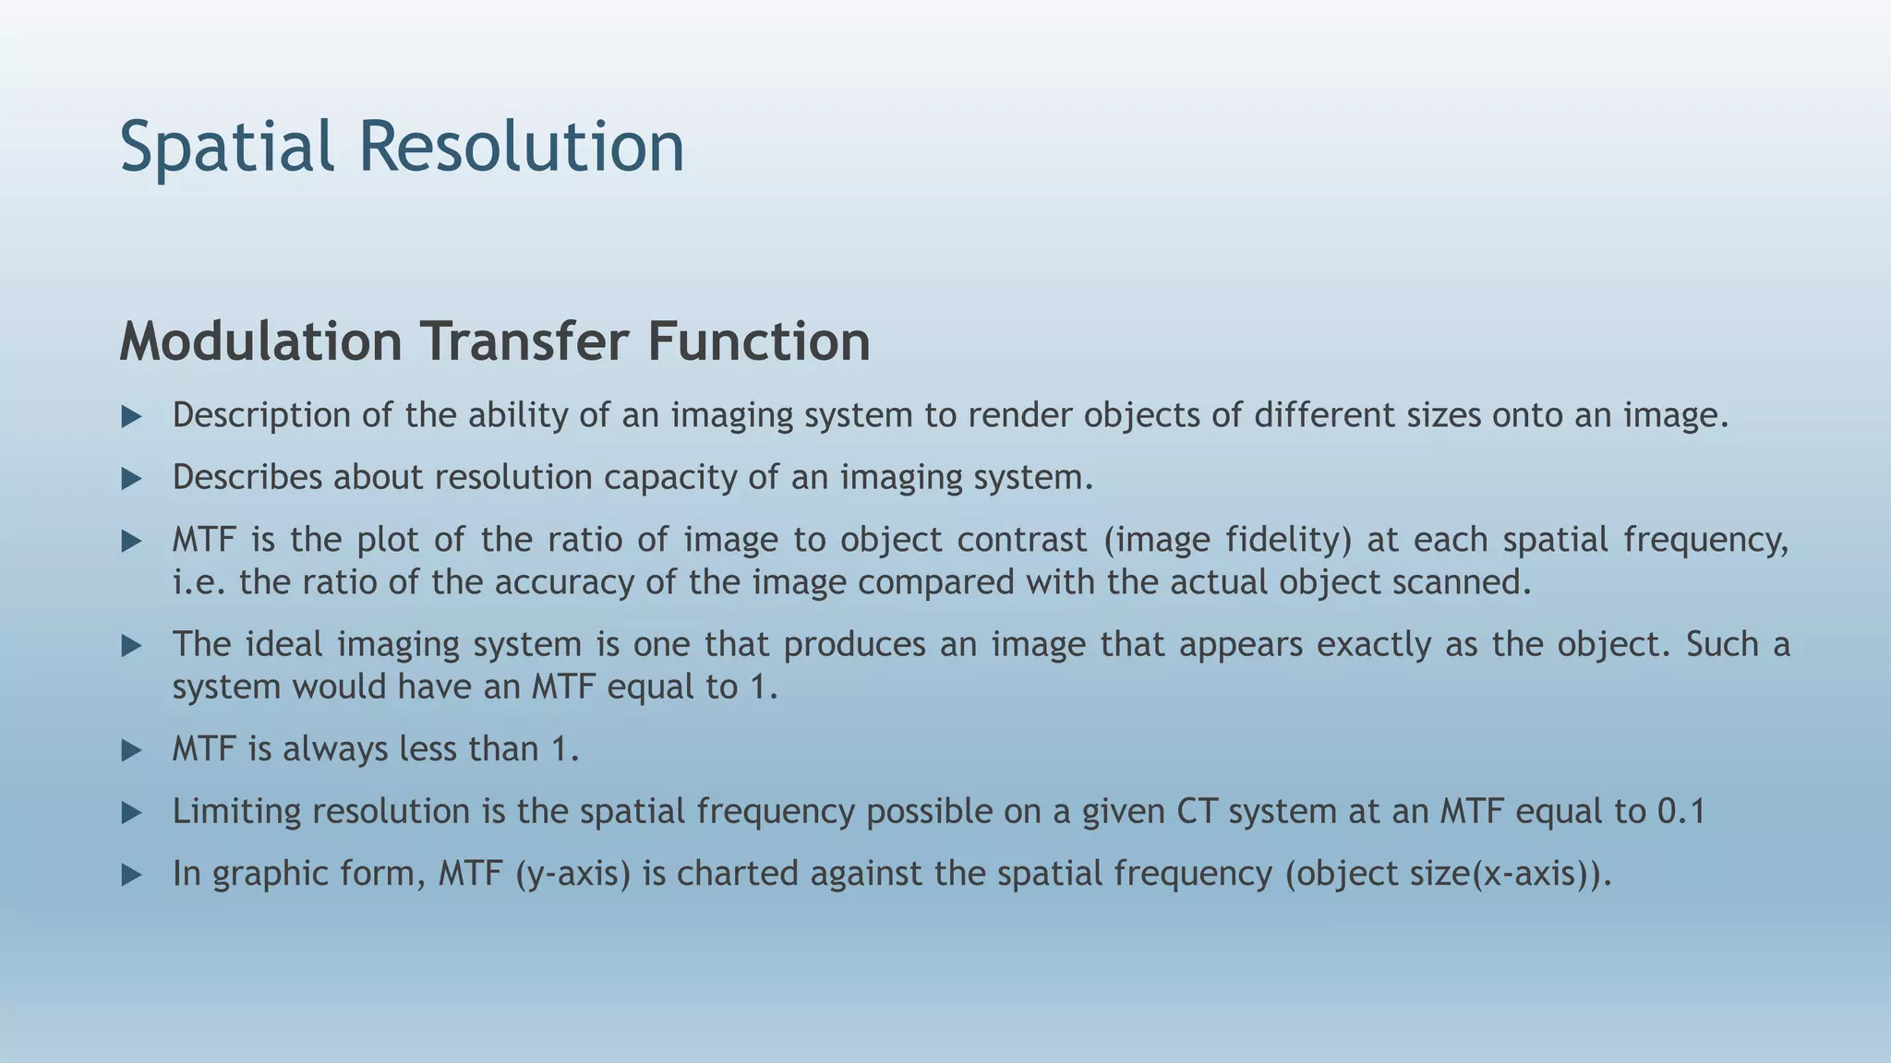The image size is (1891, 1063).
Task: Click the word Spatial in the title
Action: tap(226, 148)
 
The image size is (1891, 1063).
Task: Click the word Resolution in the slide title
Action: tap(522, 148)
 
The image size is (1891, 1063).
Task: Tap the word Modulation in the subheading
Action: tap(260, 341)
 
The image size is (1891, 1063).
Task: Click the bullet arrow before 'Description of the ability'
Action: tap(132, 417)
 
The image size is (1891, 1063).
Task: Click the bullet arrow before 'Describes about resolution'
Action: tap(132, 479)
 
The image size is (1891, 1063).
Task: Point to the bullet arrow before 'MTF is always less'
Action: tap(132, 750)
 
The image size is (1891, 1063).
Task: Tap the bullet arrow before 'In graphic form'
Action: tap(132, 875)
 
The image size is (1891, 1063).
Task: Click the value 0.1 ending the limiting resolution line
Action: tap(1680, 812)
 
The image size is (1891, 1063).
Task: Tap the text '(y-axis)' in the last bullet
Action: tap(572, 874)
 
